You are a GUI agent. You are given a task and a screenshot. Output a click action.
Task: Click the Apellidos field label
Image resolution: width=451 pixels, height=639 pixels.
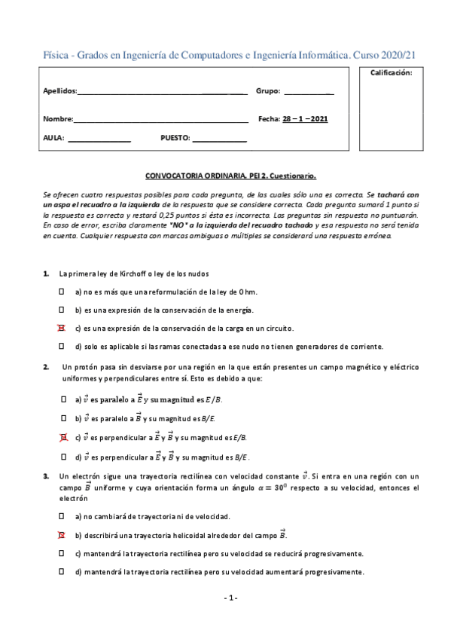59,91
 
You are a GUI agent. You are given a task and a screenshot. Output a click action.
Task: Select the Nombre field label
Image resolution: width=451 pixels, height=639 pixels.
58,119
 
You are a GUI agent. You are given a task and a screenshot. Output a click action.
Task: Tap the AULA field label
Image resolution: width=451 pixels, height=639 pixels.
53,138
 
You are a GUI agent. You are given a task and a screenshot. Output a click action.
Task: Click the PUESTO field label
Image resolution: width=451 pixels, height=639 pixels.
175,138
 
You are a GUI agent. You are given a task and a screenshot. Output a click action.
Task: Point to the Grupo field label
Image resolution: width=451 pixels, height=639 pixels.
268,91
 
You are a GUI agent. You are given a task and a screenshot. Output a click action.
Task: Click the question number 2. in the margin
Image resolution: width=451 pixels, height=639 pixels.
46,367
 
